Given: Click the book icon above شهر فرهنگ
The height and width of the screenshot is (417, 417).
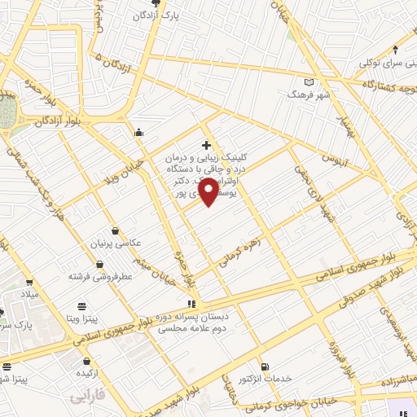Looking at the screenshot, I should (x=308, y=81).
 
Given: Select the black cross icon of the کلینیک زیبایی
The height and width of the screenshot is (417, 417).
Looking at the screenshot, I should (x=205, y=144).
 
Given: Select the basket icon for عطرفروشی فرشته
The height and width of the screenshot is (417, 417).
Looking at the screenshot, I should (x=99, y=264).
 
